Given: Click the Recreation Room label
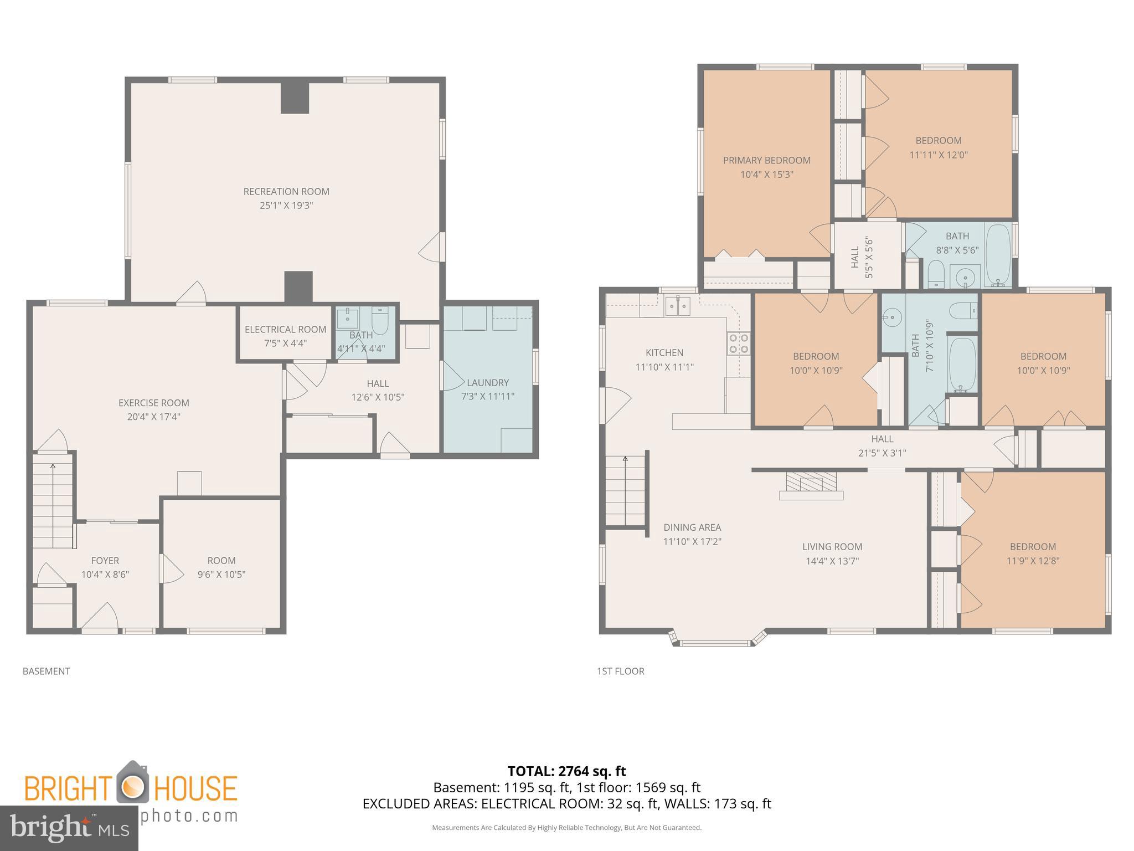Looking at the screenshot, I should [286, 192].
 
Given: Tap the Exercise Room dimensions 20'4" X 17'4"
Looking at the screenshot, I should [154, 417].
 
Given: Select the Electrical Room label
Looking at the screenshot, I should [285, 330].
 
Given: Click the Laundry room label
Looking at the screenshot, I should [487, 382].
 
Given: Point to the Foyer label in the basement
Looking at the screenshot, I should [105, 561].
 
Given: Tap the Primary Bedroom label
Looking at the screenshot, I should [766, 161].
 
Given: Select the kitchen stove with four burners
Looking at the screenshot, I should [738, 343].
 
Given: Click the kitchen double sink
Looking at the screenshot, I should [677, 305].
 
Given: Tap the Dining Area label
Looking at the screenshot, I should [692, 527].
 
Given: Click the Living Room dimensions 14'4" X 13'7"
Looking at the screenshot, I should [832, 561].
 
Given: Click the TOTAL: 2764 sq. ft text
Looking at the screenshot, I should [566, 771].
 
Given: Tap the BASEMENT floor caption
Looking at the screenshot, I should [47, 671].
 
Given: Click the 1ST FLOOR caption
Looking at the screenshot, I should [620, 671].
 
